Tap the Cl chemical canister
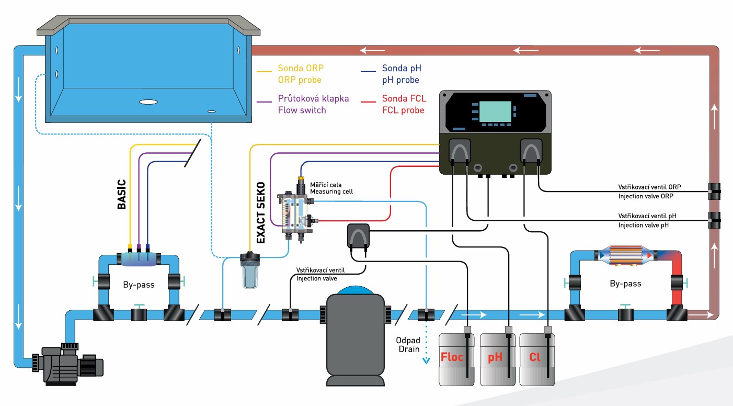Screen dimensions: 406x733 (x=535, y=360)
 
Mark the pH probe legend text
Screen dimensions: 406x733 (x=400, y=80)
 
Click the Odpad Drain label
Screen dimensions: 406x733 (x=407, y=344)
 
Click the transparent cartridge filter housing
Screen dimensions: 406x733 (x=250, y=272)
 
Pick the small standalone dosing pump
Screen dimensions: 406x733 (x=358, y=236)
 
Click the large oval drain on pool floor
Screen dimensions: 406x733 (x=148, y=102)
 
